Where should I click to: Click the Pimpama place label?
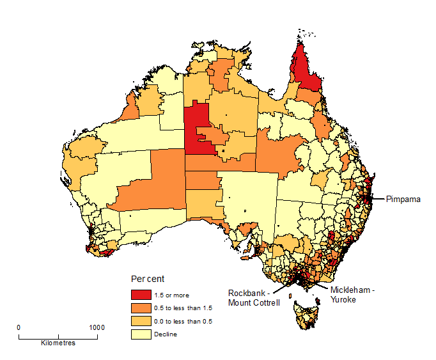coord(403,200)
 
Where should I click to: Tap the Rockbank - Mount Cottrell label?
coord(254,298)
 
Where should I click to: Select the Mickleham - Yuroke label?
coord(354,293)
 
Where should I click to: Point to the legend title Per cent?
coord(148,279)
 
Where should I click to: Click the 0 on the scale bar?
coord(19,327)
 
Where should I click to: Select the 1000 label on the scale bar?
coord(97,327)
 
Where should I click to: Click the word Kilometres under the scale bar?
coord(58,343)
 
